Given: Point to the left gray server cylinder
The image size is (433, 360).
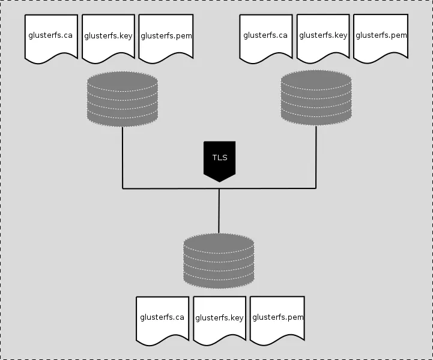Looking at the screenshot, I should (123, 99).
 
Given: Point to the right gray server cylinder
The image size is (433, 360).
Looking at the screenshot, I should (316, 98).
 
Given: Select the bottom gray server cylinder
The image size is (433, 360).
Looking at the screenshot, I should (219, 260).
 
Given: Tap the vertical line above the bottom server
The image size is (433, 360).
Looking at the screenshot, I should (219, 211).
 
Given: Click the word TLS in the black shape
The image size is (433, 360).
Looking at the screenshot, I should (219, 158).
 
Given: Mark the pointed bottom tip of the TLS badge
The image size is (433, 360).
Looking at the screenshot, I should (219, 181).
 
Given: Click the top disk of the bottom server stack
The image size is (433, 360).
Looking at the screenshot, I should (219, 243).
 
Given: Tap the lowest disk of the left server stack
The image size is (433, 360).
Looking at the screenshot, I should (123, 118).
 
